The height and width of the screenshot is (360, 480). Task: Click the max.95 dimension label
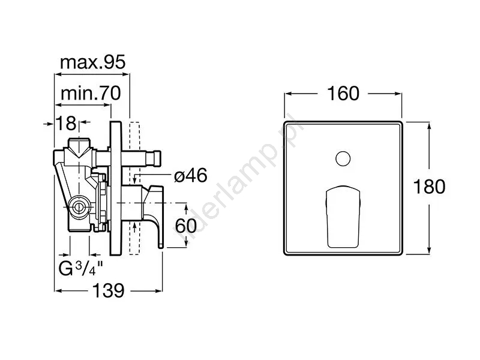93,62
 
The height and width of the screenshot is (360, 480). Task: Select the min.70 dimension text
91,93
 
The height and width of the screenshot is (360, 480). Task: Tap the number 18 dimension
66,123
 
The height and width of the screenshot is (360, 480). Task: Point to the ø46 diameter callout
190,176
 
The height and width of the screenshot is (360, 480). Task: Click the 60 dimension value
186,226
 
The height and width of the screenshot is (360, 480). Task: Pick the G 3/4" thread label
80,269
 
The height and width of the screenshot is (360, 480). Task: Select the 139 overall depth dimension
109,290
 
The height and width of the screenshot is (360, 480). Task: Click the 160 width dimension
343,94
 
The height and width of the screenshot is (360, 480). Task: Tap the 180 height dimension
429,187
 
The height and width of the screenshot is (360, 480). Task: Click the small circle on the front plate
343,159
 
